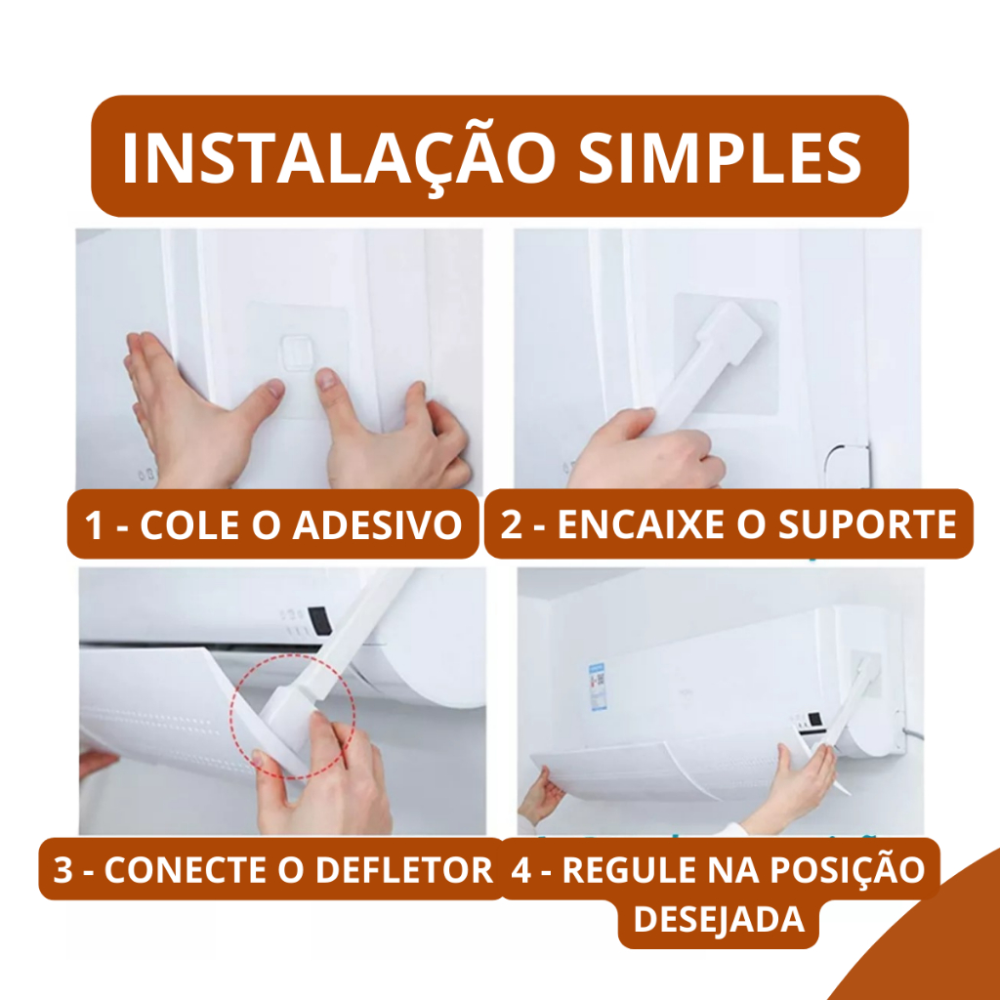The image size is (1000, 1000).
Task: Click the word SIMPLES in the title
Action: (x=720, y=158)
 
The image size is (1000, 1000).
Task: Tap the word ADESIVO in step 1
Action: (x=377, y=525)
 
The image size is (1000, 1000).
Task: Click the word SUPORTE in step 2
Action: (x=867, y=524)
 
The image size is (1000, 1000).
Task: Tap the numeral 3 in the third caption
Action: (x=62, y=870)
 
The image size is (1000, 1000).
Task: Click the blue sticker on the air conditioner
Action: (x=597, y=687)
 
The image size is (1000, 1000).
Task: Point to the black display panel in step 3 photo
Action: (x=319, y=620)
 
